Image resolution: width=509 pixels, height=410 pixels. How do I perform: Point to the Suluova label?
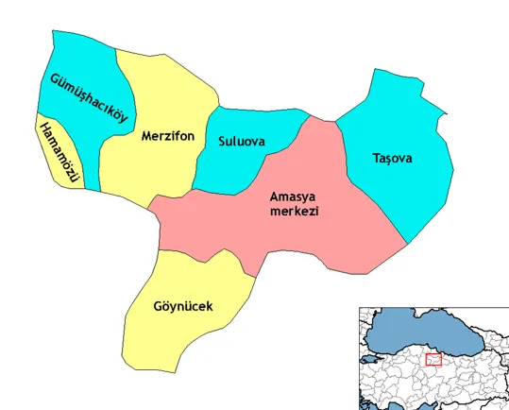click(x=241, y=143)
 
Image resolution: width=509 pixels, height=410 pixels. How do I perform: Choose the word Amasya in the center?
click(x=292, y=196)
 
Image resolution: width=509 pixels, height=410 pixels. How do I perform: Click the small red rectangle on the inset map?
click(x=433, y=359)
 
